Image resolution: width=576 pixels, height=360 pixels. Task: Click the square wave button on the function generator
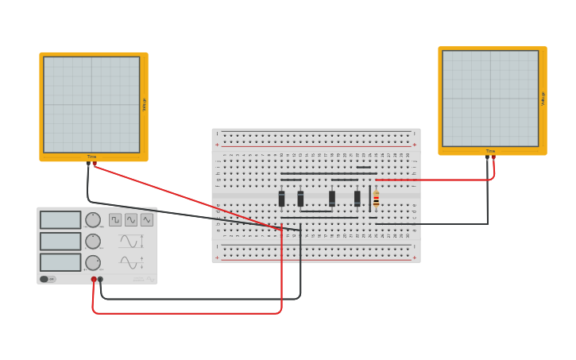(x=115, y=220)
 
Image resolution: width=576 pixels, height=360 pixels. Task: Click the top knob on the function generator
(x=93, y=220)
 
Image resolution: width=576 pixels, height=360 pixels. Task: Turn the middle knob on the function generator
(x=93, y=242)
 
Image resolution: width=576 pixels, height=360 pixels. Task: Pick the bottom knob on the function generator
(x=93, y=262)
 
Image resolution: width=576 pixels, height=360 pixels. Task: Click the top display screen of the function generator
(x=60, y=220)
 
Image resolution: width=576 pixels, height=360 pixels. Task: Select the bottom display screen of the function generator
(x=60, y=262)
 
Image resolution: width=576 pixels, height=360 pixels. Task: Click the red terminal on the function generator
(x=94, y=280)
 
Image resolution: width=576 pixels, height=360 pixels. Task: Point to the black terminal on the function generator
(x=100, y=280)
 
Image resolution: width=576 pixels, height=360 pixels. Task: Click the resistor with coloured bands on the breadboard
(x=376, y=199)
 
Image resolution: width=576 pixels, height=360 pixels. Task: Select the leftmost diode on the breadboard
(x=281, y=199)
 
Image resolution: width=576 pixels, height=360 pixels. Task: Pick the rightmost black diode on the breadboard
(x=357, y=199)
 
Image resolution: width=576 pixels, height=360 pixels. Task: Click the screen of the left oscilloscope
(x=91, y=104)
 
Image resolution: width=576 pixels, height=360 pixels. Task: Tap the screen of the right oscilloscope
(x=490, y=99)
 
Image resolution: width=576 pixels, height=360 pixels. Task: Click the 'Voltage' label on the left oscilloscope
(x=144, y=104)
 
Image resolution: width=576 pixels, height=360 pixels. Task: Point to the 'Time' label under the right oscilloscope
(x=490, y=151)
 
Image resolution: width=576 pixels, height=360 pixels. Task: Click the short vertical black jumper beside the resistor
(x=369, y=197)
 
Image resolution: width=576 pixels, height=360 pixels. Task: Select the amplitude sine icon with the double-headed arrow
(x=130, y=242)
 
